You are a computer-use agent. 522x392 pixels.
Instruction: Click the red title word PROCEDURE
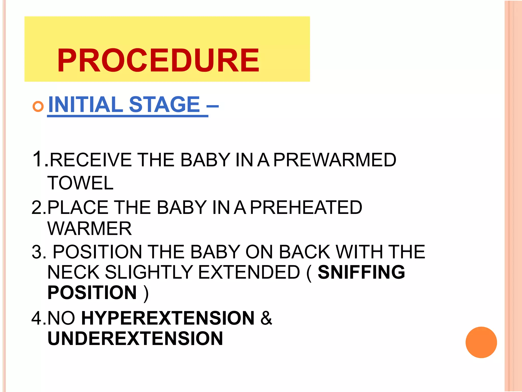tap(158, 61)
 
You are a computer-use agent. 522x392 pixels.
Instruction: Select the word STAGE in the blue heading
tap(164, 104)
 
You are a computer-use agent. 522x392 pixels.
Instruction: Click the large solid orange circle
tap(481, 342)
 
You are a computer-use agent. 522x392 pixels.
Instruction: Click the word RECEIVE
tap(91, 160)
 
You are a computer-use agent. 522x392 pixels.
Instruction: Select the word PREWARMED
tap(335, 160)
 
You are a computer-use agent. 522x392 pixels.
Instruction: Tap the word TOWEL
tap(80, 183)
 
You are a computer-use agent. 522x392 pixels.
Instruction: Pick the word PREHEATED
tap(306, 207)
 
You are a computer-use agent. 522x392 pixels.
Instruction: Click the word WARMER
tap(90, 228)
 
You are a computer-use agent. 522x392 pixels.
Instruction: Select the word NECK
tap(73, 272)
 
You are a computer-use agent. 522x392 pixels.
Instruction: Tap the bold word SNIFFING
tap(361, 272)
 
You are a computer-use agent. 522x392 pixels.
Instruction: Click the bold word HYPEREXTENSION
tap(168, 318)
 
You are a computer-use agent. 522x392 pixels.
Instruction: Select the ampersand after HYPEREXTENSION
tap(266, 318)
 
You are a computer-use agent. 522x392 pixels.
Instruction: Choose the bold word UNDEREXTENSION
tap(135, 339)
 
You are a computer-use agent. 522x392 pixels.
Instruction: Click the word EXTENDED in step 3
tap(249, 272)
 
